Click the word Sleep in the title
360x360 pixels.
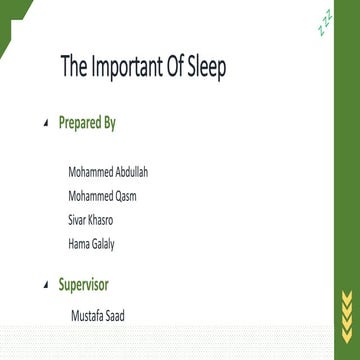tap(201, 69)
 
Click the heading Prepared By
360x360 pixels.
tap(87, 124)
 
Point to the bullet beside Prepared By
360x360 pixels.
tap(44, 125)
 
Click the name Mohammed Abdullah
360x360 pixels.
tap(108, 174)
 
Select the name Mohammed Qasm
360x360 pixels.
tap(102, 195)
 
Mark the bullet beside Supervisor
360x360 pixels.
tap(44, 286)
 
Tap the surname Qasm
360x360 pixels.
tap(125, 195)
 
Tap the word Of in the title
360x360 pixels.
tap(168, 69)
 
